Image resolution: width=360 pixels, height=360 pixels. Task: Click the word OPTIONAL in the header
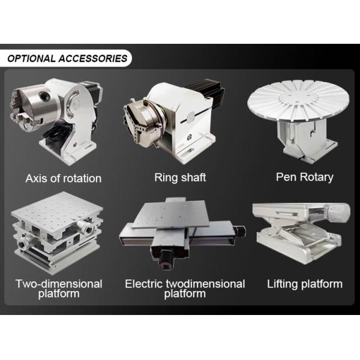[31, 59]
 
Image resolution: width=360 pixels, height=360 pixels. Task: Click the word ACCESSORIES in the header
[93, 59]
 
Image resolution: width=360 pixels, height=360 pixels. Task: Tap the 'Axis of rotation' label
[64, 178]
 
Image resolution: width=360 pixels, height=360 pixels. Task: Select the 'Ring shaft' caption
[180, 178]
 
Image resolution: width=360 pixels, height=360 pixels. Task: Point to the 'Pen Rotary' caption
[304, 177]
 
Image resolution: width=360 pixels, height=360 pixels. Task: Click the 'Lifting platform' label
[305, 284]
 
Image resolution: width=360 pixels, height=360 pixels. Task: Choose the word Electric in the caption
[145, 284]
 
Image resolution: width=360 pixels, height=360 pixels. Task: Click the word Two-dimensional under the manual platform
[59, 284]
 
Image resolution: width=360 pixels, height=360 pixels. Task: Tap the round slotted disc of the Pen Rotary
[299, 99]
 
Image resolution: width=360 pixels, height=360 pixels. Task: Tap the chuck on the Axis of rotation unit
[34, 104]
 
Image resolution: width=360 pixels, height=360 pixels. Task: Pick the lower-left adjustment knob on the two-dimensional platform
[23, 244]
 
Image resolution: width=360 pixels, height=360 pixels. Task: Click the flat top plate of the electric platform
[171, 214]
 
